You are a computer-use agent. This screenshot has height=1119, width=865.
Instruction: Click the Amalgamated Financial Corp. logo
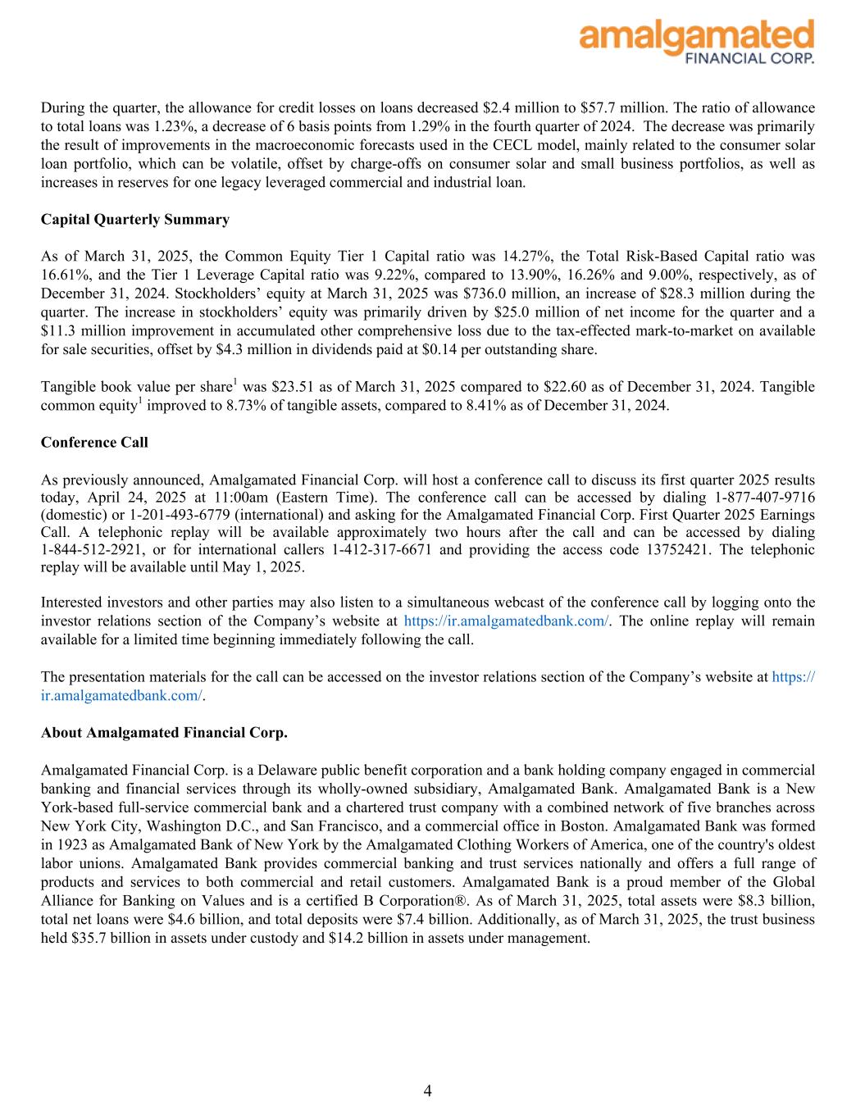tap(696, 41)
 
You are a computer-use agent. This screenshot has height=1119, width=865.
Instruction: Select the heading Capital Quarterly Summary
tap(134, 220)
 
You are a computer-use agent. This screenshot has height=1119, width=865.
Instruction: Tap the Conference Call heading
tap(94, 443)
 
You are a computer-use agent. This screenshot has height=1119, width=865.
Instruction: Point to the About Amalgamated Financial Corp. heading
tap(164, 733)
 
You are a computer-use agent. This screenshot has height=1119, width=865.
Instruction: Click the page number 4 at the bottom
tap(428, 1090)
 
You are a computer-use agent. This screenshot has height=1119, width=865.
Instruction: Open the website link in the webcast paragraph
tap(507, 621)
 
